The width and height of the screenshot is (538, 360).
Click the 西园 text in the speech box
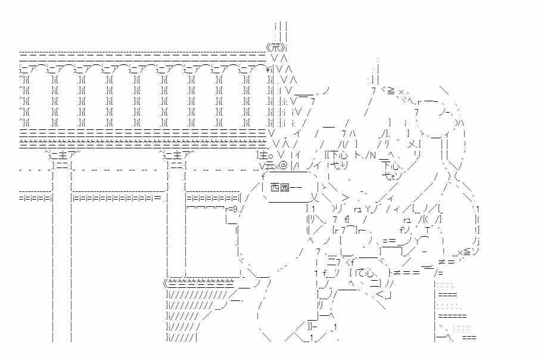(x=279, y=188)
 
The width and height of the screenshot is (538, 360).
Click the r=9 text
(x=233, y=209)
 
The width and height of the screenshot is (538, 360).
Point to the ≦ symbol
(x=466, y=253)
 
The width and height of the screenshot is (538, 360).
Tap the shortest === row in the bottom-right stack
(x=468, y=338)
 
